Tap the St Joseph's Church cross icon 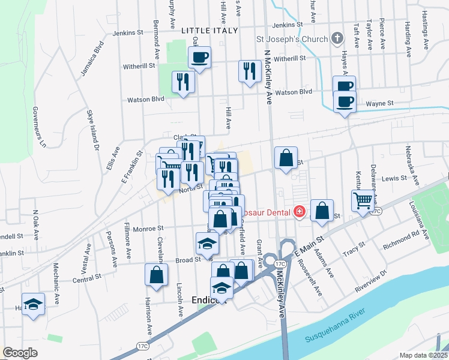[338, 39]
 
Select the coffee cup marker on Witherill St [200, 58]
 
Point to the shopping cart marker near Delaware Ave [363, 200]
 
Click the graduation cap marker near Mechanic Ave [33, 303]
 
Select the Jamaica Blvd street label [92, 58]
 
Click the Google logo [20, 353]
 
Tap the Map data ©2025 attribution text [423, 355]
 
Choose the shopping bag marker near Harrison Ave [156, 275]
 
